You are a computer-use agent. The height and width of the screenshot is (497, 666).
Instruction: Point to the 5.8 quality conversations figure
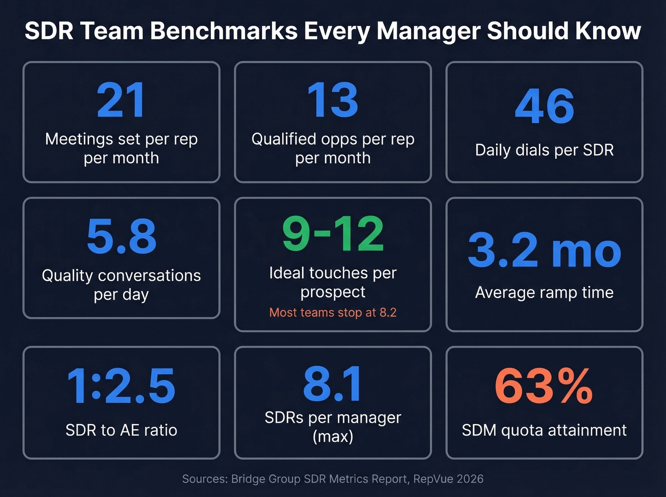121,236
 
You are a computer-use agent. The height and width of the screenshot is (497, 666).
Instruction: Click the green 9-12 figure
333,234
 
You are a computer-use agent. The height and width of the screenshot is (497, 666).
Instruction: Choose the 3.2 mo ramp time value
544,250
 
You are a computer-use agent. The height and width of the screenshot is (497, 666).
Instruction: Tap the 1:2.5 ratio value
121,386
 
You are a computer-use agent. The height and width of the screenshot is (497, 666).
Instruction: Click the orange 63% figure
544,386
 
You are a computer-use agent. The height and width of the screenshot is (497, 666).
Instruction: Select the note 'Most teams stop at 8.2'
333,312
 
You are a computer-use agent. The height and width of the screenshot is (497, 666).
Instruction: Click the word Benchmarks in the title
224,31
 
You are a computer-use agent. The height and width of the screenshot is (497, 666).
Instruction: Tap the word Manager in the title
428,31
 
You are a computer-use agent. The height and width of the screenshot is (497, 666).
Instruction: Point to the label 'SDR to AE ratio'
121,430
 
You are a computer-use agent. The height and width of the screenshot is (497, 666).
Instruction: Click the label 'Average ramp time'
544,292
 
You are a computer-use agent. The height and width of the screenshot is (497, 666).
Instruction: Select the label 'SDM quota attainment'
544,430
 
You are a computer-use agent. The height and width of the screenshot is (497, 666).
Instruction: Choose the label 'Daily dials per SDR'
544,150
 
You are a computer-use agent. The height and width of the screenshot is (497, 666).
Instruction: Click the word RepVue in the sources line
432,479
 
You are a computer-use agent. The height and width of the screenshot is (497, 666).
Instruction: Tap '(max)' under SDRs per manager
333,436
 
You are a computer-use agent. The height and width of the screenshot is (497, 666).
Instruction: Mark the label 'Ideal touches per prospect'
333,282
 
